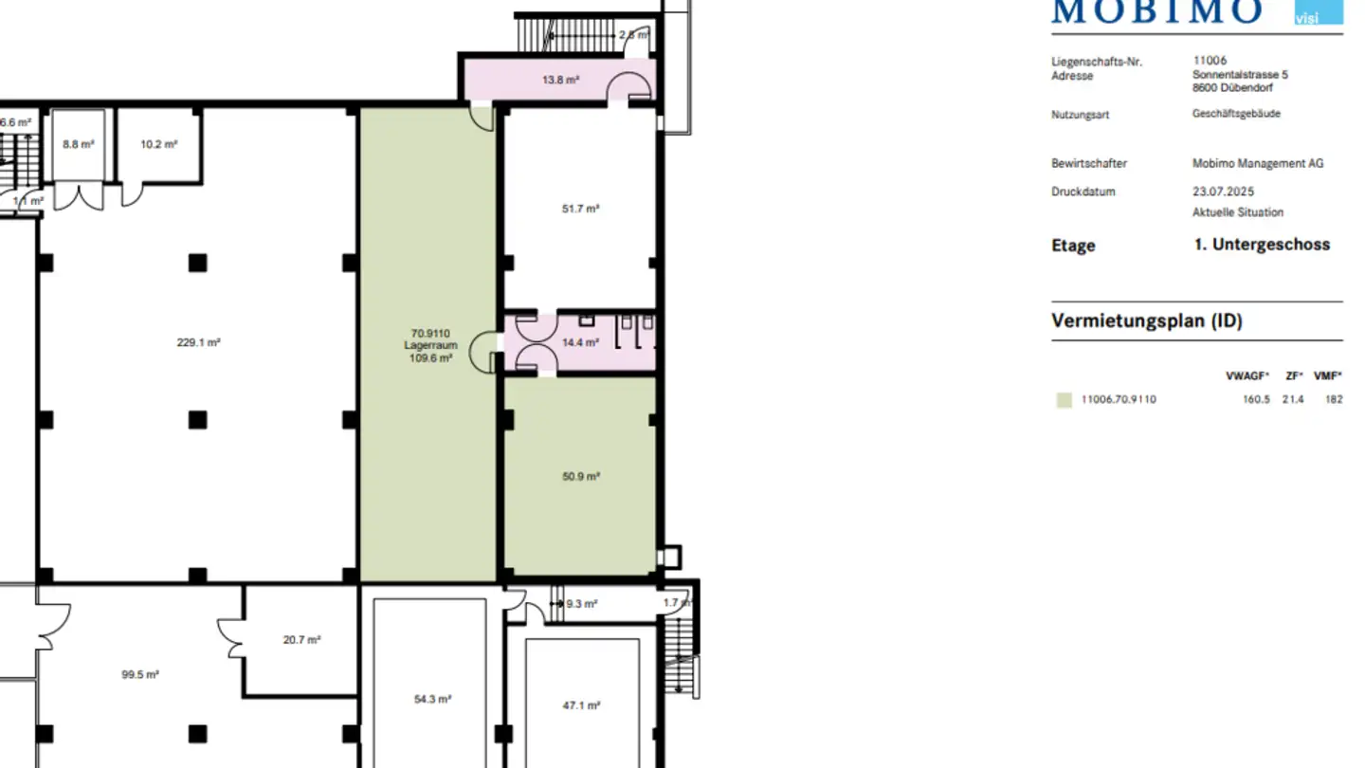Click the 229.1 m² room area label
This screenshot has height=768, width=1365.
[x=198, y=342]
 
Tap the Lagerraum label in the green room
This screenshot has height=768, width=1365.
[x=430, y=345]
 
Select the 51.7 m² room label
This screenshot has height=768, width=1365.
[x=580, y=209]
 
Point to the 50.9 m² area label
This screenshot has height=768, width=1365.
[x=580, y=477]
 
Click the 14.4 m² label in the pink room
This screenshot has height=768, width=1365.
[x=580, y=342]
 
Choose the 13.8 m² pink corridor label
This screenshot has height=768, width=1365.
[x=560, y=80]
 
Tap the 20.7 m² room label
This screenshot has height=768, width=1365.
[x=301, y=640]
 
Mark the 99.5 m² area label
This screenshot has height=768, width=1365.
[x=139, y=675]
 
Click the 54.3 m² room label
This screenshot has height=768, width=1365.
[x=432, y=699]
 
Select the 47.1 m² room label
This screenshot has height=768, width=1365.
[x=581, y=705]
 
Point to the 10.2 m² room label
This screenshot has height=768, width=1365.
[x=158, y=144]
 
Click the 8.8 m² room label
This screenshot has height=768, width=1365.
[x=79, y=144]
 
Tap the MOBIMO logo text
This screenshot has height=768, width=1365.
[x=1157, y=11]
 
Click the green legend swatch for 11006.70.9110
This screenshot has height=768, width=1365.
[x=1064, y=400]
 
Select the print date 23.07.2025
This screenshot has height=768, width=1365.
[x=1223, y=192]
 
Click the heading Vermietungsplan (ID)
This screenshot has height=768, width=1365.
[x=1146, y=320]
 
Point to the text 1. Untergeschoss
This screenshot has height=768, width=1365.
[x=1262, y=245]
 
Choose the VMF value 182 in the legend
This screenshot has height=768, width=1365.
[x=1334, y=399]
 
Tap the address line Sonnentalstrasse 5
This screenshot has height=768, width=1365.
[x=1240, y=74]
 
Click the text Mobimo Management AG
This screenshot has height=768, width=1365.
[x=1257, y=163]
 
